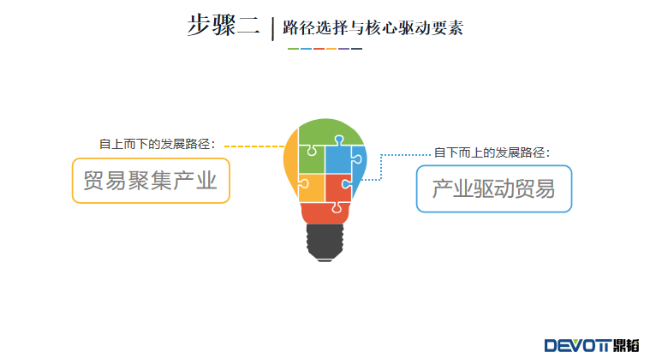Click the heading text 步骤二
click(224, 26)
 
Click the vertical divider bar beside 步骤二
click(273, 29)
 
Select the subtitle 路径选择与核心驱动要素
click(373, 27)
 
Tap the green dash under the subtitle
click(293, 49)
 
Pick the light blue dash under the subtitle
click(306, 49)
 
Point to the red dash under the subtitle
click(319, 49)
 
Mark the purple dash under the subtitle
click(344, 49)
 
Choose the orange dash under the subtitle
click(331, 49)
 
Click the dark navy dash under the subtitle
click(357, 49)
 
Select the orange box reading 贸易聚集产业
click(151, 181)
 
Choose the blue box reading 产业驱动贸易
click(494, 189)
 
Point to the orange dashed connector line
click(254, 146)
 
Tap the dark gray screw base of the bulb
click(325, 242)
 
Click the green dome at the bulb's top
click(331, 130)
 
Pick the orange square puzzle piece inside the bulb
click(311, 188)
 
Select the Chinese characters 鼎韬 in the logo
click(626, 346)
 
